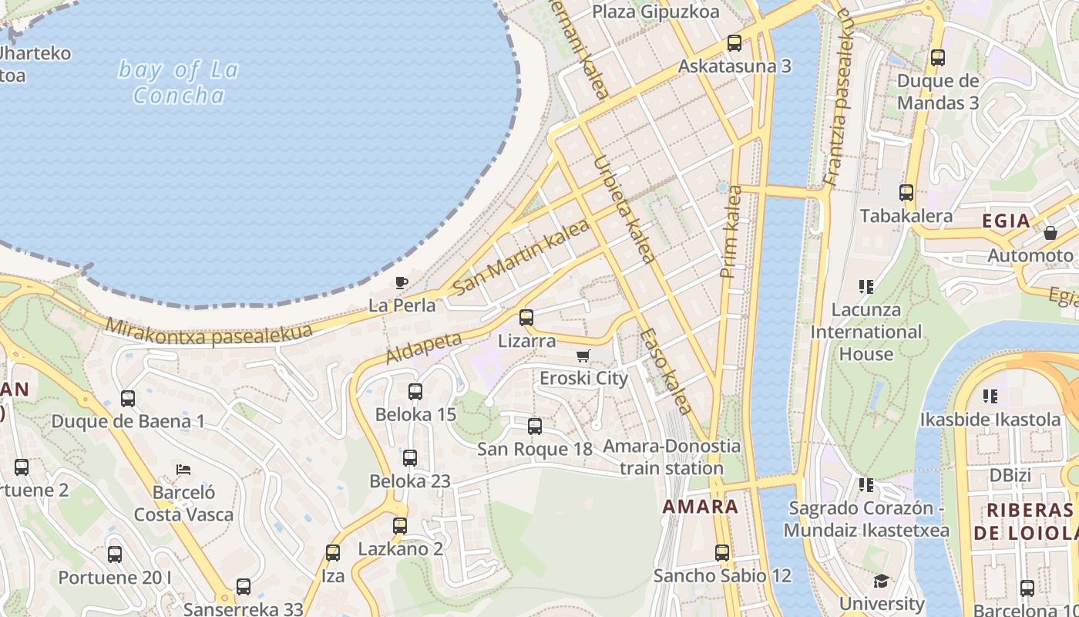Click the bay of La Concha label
click(x=179, y=83)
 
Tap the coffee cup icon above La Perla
click(x=401, y=282)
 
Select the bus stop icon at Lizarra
click(x=526, y=317)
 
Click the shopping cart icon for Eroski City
click(x=583, y=356)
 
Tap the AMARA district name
click(x=701, y=507)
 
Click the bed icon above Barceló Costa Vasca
click(x=183, y=469)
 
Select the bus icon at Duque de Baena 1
click(x=128, y=399)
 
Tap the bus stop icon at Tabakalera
click(x=906, y=193)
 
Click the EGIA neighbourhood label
click(x=1006, y=221)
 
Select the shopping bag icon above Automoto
click(x=1050, y=232)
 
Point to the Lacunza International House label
click(x=866, y=332)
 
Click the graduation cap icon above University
click(x=881, y=581)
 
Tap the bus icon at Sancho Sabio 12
click(x=722, y=552)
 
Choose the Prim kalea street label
click(x=730, y=232)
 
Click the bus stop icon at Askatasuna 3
click(x=734, y=43)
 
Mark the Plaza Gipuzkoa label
click(x=656, y=12)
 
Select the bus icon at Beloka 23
click(x=410, y=458)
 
